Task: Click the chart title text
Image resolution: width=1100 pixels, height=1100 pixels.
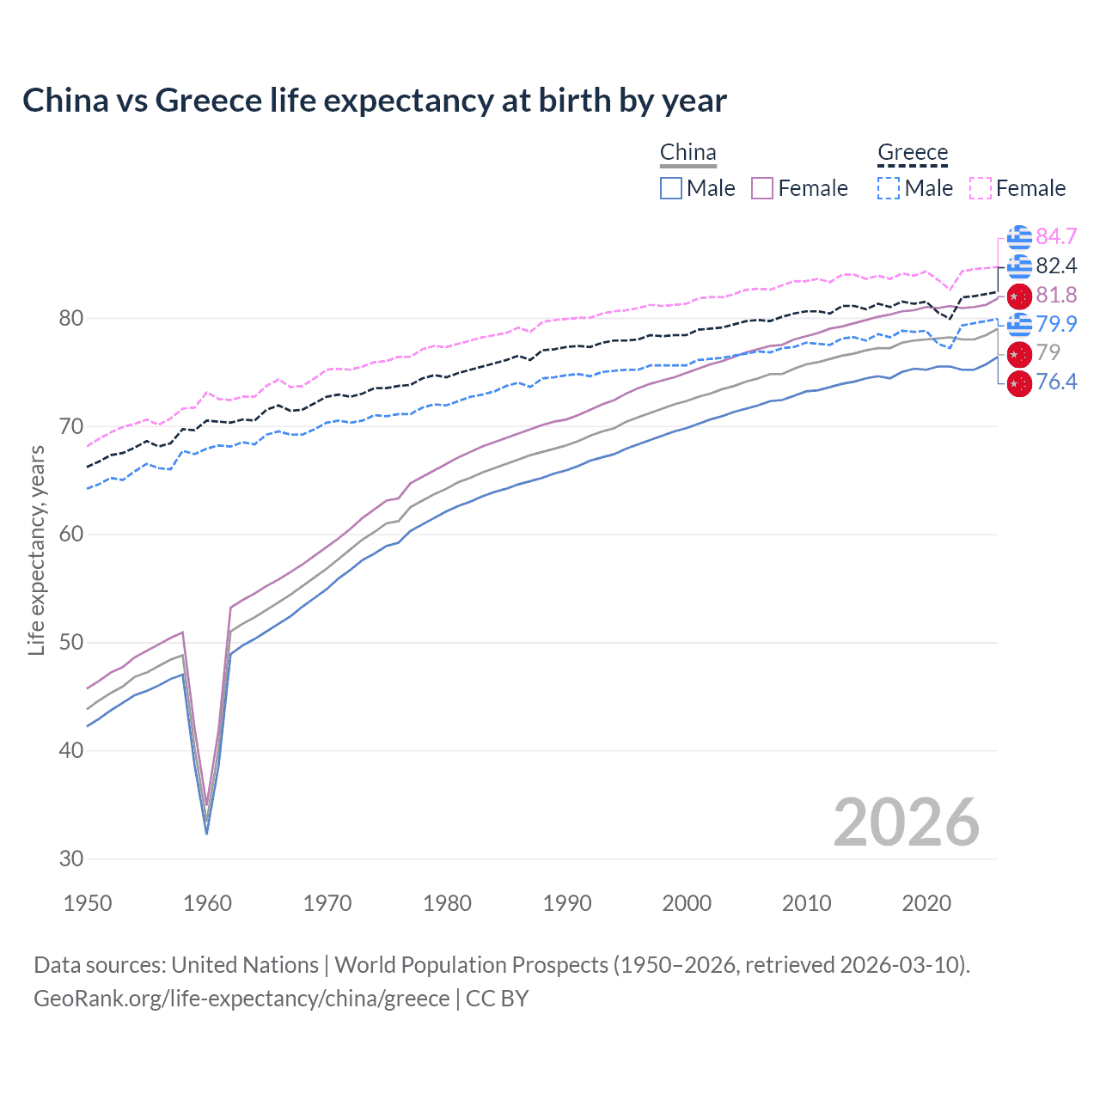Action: point(375,101)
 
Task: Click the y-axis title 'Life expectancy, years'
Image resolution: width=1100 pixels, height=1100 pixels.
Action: point(37,550)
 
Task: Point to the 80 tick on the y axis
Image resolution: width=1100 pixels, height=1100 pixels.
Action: point(71,319)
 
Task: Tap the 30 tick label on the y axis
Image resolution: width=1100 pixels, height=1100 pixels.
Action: point(71,859)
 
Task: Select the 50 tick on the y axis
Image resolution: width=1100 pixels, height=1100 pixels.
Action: point(71,643)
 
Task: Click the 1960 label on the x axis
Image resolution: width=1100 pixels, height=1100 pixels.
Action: point(207,903)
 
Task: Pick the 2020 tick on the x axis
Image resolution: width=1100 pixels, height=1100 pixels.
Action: point(926,903)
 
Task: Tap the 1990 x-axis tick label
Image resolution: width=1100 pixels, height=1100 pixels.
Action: point(567,903)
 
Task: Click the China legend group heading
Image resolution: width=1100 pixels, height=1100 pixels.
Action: point(687,152)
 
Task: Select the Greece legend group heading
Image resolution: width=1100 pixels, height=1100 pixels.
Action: point(912,152)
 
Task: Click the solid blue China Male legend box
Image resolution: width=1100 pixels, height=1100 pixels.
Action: point(671,188)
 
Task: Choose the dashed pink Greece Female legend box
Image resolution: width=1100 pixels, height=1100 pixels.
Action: point(980,188)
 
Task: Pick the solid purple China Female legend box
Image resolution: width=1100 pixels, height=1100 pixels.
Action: point(762,188)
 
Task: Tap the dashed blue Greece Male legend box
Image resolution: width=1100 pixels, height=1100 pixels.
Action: point(889,188)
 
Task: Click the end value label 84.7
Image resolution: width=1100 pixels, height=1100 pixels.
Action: point(1056,236)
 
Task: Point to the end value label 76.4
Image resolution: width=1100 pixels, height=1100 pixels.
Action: point(1056,382)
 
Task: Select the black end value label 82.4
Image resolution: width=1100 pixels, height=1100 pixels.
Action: point(1056,266)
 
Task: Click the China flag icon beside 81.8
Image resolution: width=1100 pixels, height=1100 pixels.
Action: point(1019,296)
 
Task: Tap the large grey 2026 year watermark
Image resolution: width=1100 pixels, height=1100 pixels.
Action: point(907,822)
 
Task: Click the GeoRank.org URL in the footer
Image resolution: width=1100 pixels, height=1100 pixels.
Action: point(241,999)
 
